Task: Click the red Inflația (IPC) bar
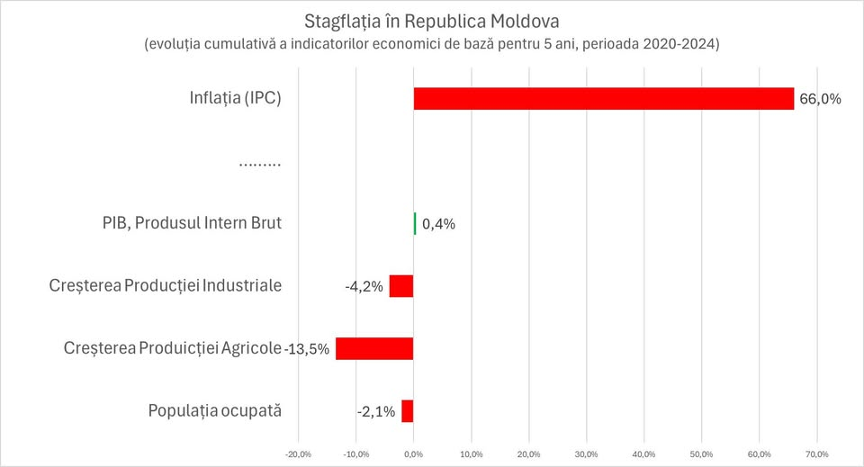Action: coord(603,98)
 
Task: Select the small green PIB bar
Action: coord(415,223)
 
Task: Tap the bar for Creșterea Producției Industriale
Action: coord(401,286)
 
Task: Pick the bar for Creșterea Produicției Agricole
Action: coord(374,348)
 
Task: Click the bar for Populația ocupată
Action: coord(408,411)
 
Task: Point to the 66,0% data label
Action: coord(820,99)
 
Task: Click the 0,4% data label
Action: coord(438,224)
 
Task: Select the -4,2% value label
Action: coord(364,287)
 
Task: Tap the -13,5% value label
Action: coord(307,349)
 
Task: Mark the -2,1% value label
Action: coord(376,412)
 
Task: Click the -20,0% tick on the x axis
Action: coord(298,454)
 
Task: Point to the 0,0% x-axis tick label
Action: coord(413,454)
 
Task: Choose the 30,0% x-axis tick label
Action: coord(586,454)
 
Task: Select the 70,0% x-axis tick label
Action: coord(816,454)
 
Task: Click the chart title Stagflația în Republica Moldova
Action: coord(431,21)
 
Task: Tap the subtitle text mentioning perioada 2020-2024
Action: coord(431,44)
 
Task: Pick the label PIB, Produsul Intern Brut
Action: coord(192,223)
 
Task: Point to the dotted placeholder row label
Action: coord(260,164)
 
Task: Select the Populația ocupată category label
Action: coord(214,411)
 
